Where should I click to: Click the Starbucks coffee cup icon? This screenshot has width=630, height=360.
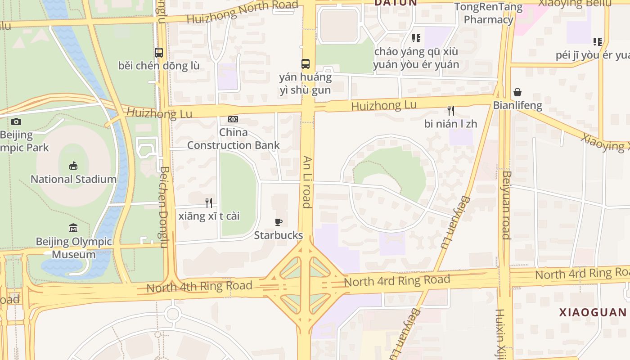click(279, 222)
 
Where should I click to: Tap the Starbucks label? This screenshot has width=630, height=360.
click(279, 235)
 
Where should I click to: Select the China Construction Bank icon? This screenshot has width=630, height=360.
click(233, 119)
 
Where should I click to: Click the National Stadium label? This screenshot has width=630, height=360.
click(73, 179)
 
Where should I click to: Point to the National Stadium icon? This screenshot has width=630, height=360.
click(73, 166)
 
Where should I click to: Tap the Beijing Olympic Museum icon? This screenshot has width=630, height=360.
click(73, 228)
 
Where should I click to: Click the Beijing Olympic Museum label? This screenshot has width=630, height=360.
click(74, 248)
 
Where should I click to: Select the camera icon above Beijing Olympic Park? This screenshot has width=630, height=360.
click(16, 121)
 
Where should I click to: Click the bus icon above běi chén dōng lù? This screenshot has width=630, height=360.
click(159, 52)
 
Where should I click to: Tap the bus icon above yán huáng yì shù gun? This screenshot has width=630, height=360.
click(306, 63)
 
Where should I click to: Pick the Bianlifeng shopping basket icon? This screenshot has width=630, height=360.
click(517, 92)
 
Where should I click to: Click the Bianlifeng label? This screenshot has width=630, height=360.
click(517, 106)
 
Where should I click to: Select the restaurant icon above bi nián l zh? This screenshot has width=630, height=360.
click(450, 110)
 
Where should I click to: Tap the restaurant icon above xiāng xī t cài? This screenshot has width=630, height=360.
click(208, 203)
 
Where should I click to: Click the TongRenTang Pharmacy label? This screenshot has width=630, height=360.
click(488, 13)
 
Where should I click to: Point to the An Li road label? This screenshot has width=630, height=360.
click(307, 182)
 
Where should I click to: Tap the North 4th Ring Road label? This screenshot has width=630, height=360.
click(199, 286)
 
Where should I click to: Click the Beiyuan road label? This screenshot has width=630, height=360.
click(506, 205)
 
